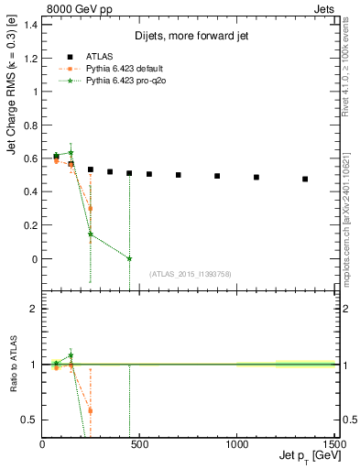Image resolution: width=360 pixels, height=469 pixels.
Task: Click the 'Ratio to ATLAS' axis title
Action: pyautogui.click(x=16, y=365)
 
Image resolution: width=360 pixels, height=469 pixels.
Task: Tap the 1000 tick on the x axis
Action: pyautogui.click(x=237, y=444)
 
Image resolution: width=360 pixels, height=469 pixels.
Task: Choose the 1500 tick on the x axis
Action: pyautogui.click(x=334, y=444)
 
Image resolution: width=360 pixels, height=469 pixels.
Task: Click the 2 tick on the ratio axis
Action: pyautogui.click(x=34, y=309)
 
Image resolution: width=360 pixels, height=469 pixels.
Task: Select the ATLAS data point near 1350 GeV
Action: pyautogui.click(x=305, y=180)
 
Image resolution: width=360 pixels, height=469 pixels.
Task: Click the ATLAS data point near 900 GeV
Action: pyautogui.click(x=217, y=176)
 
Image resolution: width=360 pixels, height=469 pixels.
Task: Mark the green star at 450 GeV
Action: pyautogui.click(x=129, y=258)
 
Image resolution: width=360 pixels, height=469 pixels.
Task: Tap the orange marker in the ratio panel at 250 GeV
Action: pyautogui.click(x=91, y=410)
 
